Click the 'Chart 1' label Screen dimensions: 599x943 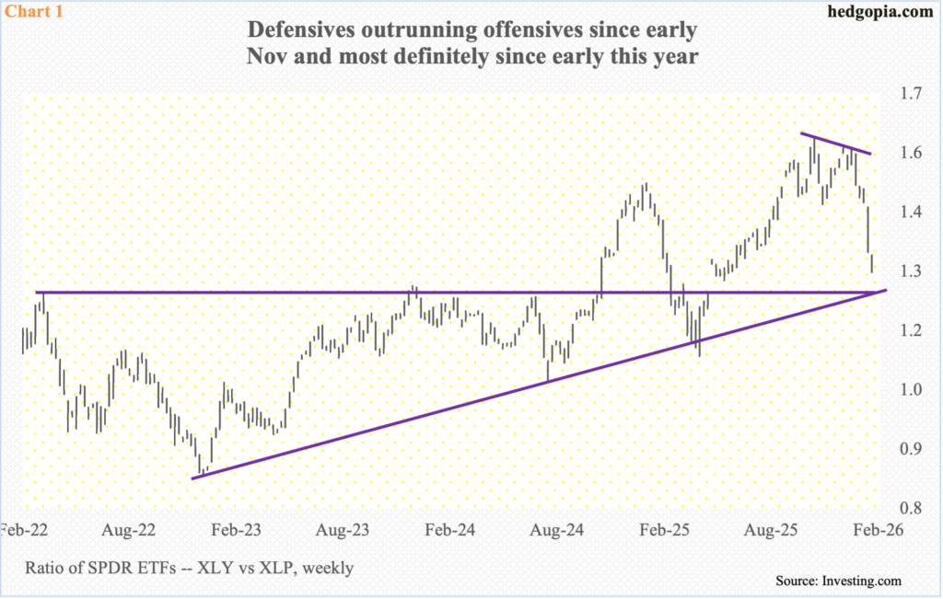30,13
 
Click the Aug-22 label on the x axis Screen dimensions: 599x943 127,531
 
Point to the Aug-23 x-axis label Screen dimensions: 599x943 344,531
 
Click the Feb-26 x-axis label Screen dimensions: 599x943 876,531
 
